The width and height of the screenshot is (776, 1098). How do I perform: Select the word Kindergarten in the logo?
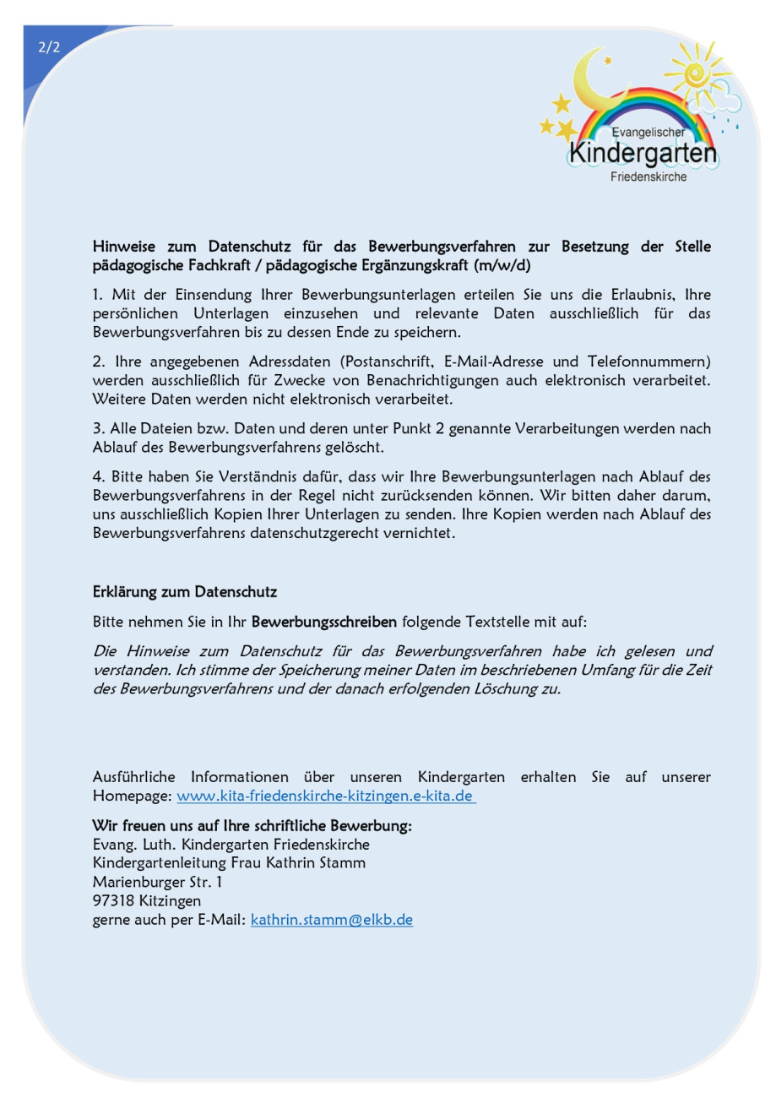click(x=643, y=154)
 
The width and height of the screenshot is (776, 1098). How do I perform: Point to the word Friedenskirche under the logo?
click(x=648, y=177)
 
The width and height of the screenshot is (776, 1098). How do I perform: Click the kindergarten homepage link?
click(x=326, y=796)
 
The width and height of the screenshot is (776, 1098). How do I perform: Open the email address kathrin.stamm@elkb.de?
click(x=332, y=920)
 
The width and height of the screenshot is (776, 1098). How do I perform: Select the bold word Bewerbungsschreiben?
click(x=324, y=622)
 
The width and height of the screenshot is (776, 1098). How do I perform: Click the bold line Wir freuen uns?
click(x=252, y=825)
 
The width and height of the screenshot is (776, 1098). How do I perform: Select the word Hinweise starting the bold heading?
click(x=126, y=247)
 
